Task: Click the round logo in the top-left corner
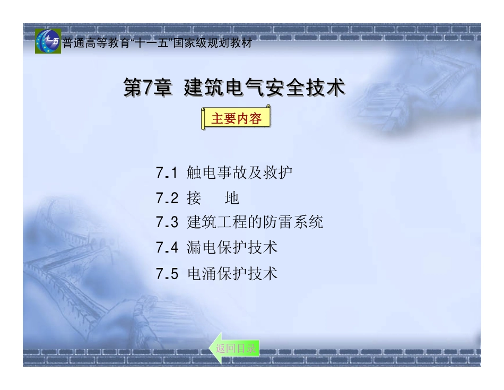[x=48, y=41]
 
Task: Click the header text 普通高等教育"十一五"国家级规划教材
[x=157, y=44]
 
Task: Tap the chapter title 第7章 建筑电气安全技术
[x=234, y=88]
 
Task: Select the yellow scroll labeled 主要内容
[x=236, y=118]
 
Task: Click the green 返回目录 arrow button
[x=235, y=349]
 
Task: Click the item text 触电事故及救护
[x=240, y=173]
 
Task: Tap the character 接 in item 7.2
[x=194, y=198]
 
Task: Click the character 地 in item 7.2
[x=232, y=198]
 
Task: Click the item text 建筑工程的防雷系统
[x=255, y=222]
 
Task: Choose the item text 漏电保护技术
[x=232, y=247]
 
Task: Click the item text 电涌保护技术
[x=232, y=274]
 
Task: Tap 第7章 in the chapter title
[x=147, y=88]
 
